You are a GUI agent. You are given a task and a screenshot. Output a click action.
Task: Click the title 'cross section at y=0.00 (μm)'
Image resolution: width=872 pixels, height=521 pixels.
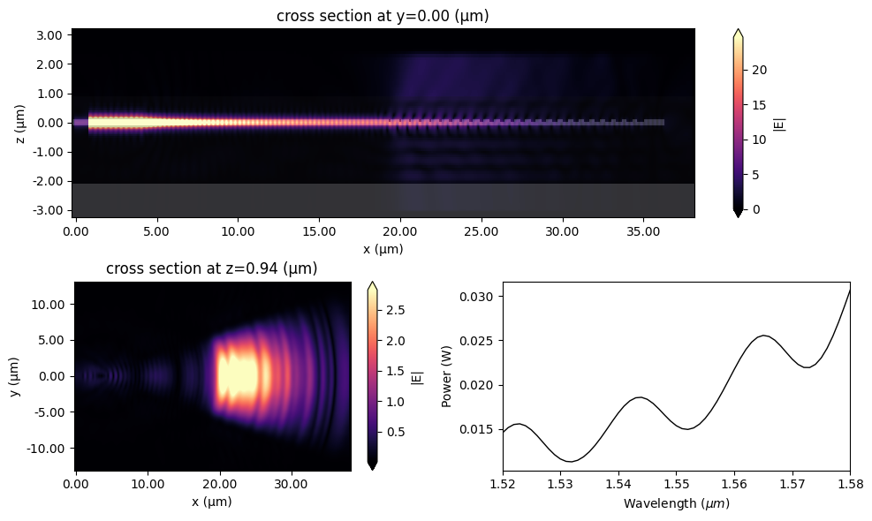pos(382,16)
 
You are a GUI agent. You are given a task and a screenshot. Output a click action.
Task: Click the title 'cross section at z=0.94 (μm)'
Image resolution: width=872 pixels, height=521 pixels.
pos(212,268)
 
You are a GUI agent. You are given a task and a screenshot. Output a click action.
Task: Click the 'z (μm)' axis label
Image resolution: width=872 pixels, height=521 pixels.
pos(16,123)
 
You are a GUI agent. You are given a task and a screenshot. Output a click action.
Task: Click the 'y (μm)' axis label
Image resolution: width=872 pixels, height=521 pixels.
pos(16,376)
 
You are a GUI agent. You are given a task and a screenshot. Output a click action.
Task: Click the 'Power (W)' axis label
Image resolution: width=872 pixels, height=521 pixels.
pos(448,376)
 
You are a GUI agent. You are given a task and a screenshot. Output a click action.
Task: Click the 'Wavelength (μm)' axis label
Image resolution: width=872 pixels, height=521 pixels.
pos(677,503)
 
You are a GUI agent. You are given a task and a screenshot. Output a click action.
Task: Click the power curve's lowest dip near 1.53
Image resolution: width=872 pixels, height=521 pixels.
pos(572,461)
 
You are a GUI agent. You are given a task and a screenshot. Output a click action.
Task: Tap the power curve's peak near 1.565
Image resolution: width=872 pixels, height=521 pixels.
pos(764,336)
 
